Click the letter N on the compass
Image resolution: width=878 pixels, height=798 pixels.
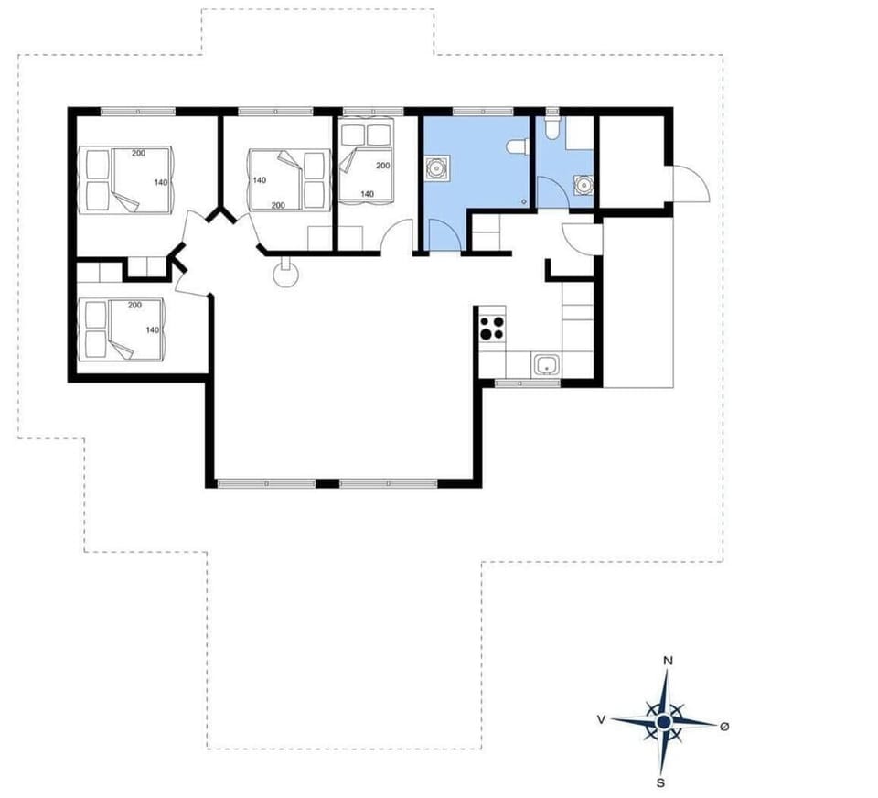(669, 661)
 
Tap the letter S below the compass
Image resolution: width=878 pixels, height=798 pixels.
(660, 782)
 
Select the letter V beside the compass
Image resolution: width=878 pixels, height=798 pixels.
(601, 720)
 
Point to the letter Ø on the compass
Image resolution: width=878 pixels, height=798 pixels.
(724, 726)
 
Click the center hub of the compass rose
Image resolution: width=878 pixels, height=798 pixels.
(665, 722)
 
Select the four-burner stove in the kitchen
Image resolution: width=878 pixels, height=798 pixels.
(492, 327)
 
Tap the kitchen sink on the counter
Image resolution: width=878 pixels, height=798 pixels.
(547, 365)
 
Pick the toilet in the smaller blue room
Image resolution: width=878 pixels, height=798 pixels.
(551, 125)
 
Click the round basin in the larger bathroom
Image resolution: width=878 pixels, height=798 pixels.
(437, 169)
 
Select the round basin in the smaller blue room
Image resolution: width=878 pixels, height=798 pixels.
(581, 183)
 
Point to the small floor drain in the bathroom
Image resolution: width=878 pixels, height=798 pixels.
(524, 201)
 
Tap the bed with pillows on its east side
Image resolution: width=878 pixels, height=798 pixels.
(289, 178)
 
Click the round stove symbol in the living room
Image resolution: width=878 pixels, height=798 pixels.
(287, 272)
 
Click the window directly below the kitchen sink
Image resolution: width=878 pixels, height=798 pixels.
(528, 383)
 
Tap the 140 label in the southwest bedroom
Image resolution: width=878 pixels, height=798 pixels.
(153, 330)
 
